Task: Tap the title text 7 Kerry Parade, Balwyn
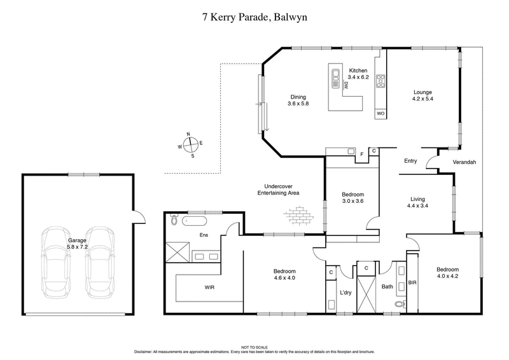point(254,17)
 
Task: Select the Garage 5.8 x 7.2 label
point(78,244)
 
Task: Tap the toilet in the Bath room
point(399,305)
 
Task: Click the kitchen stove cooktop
point(381,81)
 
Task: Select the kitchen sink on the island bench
point(336,80)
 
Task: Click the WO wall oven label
point(380,113)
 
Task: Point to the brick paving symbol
point(301,216)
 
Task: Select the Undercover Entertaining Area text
point(278,189)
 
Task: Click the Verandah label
point(464,162)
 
